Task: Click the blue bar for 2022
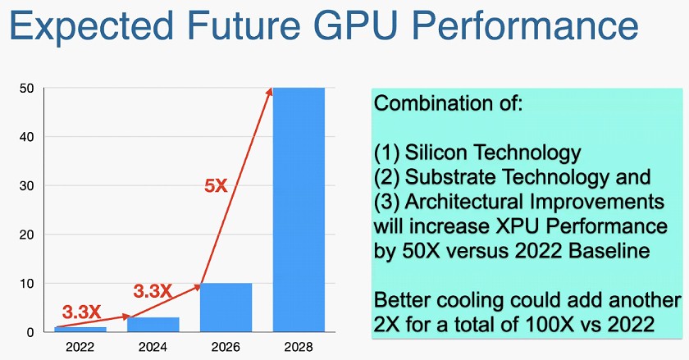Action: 80,329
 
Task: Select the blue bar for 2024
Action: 153,325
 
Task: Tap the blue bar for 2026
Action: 226,308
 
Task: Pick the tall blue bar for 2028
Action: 299,210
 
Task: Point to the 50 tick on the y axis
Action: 27,89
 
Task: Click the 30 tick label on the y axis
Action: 27,186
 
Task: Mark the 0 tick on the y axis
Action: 30,332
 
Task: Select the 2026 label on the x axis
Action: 226,347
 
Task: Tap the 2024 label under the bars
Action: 153,347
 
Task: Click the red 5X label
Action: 216,186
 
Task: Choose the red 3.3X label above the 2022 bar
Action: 81,312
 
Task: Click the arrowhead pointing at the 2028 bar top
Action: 269,91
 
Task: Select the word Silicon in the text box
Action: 436,153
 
